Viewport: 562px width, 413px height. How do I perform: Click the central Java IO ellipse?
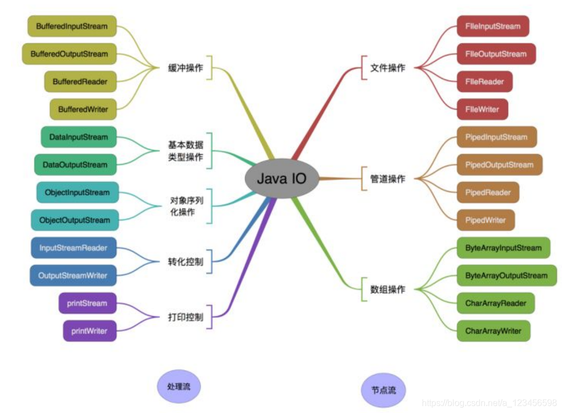281,179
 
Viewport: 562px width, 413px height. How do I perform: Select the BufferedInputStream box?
72,26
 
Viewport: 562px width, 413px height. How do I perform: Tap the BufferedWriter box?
83,109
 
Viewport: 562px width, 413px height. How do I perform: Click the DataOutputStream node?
75,165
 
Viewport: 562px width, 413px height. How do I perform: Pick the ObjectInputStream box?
78,192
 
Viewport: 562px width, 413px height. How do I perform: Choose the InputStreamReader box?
73,248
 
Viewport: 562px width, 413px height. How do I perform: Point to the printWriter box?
89,331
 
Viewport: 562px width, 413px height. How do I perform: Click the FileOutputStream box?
496,54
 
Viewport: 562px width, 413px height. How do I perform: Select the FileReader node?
484,81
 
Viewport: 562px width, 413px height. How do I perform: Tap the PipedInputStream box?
497,137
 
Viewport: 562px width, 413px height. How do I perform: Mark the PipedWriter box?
486,220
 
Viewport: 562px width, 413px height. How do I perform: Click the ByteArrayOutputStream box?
506,276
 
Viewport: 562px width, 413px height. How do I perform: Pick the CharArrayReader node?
495,303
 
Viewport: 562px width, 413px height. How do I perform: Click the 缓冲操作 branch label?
186,68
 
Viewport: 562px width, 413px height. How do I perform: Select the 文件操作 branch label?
388,68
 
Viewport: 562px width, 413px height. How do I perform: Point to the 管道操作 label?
388,179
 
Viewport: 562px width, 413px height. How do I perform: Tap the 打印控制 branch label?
186,317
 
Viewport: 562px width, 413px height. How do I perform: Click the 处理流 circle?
178,386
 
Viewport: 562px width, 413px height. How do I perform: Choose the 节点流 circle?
384,390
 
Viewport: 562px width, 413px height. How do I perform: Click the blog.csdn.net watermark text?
489,402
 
